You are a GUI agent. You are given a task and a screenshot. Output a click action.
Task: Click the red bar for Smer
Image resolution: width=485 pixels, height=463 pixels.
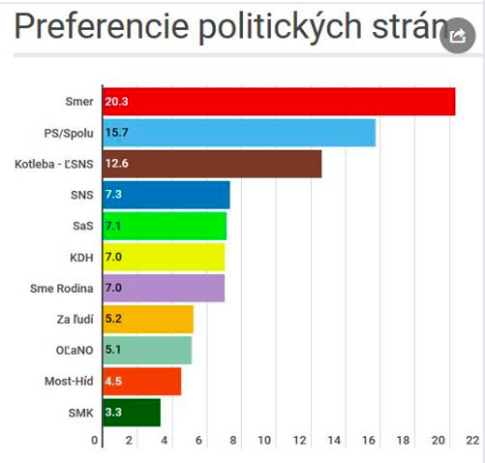276,102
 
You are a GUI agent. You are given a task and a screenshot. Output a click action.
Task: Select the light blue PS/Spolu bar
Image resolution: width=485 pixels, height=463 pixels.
237,133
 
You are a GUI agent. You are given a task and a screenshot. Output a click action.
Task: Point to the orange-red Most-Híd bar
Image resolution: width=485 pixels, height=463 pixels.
139,381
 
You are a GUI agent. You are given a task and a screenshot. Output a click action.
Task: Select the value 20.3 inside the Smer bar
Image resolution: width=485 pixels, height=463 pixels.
117,102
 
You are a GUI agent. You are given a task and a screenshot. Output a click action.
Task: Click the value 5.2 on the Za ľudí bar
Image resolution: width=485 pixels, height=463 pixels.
113,319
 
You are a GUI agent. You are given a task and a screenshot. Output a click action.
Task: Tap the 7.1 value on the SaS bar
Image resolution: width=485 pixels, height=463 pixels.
113,226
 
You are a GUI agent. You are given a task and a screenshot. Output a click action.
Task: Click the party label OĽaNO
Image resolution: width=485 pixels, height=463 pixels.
76,350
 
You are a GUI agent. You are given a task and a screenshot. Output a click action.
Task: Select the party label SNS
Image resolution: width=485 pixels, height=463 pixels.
82,195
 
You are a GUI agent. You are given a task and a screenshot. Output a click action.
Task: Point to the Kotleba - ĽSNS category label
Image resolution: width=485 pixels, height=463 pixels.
54,164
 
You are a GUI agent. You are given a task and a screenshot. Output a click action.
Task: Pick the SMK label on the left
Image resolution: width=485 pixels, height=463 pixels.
81,413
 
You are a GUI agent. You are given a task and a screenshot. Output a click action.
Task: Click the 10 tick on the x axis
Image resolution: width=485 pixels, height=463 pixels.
265,440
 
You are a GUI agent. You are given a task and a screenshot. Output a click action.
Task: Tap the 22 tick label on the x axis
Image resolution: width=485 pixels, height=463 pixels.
471,440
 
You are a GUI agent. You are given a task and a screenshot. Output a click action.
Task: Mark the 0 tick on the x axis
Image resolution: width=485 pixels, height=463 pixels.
96,440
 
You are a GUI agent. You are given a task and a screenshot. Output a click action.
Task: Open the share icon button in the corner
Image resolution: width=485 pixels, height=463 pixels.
456,37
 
